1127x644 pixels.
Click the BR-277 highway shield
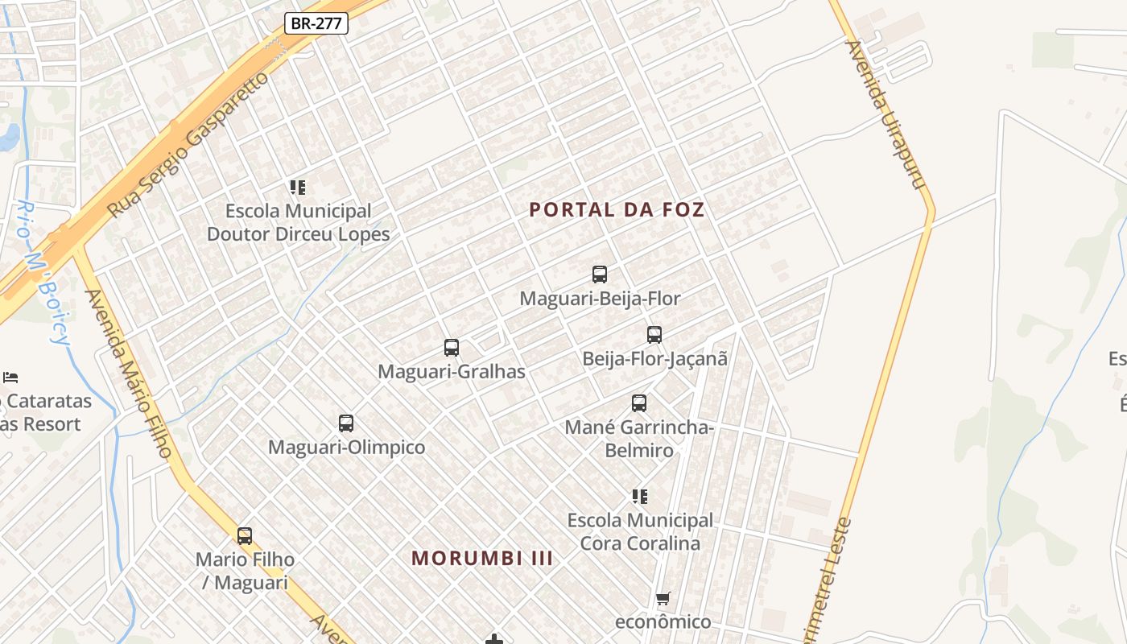(316, 23)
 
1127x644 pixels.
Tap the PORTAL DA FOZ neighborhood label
(617, 210)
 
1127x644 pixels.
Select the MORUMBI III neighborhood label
(482, 558)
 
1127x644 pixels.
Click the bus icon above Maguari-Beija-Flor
(600, 275)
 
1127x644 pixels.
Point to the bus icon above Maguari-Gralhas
(452, 348)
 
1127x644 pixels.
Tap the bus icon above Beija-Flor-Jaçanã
(654, 335)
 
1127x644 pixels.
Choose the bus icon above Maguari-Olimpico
(346, 423)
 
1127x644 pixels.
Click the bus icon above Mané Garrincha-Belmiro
(639, 403)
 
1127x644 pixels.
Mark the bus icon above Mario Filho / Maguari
(245, 535)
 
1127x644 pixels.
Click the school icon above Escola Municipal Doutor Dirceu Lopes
(298, 188)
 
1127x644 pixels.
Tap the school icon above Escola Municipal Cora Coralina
(640, 497)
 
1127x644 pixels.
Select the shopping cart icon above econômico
(663, 598)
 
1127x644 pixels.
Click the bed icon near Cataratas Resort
(10, 377)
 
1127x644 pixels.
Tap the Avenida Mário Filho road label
(128, 374)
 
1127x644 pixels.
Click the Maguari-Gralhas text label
(452, 372)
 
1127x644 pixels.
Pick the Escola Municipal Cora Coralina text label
(640, 531)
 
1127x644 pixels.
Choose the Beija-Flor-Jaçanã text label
(654, 359)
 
